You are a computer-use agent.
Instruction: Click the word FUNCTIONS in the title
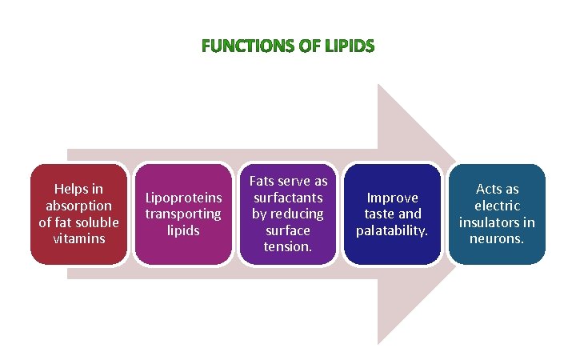coord(245,46)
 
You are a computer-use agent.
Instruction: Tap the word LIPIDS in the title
coord(350,46)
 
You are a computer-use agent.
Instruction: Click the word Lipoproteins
coord(183,198)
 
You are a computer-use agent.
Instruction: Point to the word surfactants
coord(288,198)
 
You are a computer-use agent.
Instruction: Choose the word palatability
coord(392,230)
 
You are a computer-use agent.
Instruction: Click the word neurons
coord(498,238)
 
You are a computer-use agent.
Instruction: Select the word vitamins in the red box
coord(78,238)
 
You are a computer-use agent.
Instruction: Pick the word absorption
coord(78,206)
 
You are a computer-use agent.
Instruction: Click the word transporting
coord(183,214)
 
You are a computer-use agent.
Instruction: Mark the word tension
coord(288,246)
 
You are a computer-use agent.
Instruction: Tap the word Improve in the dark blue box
coord(392,198)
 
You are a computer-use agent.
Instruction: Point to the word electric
coord(498,206)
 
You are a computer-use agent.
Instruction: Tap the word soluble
coord(94,222)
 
